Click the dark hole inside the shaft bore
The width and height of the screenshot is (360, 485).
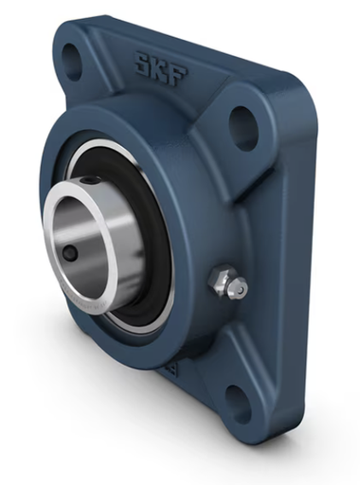pos(71,253)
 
